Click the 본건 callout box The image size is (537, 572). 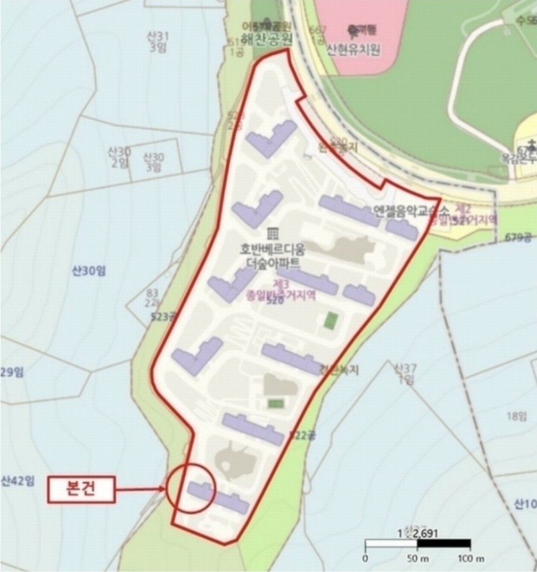[82, 489]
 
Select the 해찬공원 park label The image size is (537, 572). [266, 38]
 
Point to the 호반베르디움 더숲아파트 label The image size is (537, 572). [273, 256]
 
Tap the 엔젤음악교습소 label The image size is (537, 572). [404, 211]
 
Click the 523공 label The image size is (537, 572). [163, 317]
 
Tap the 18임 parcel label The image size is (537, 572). [516, 416]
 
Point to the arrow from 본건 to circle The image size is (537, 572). [142, 489]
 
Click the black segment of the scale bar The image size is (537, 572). [444, 545]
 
